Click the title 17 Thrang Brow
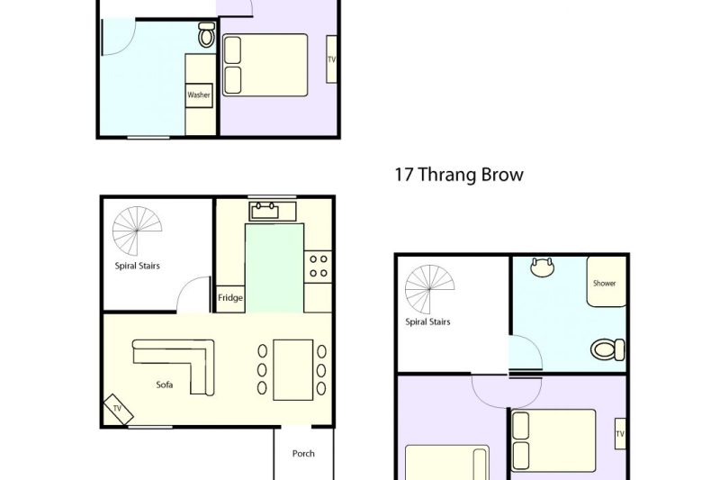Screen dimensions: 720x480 coord(459,175)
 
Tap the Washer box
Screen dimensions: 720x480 coord(199,95)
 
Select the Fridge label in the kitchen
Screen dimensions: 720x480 coord(230,298)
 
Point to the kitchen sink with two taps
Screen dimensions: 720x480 coord(265,211)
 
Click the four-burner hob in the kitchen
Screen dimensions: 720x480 coord(318,267)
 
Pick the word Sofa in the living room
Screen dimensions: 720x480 coord(165,385)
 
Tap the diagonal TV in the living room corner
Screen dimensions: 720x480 coord(118,409)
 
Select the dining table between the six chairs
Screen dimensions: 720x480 coord(293,370)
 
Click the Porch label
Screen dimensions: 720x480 coord(303,454)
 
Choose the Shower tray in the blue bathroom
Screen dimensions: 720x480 coord(606,282)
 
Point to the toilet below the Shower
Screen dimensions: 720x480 coord(607,349)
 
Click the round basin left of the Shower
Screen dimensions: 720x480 coord(543,267)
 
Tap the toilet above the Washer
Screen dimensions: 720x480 coord(207,35)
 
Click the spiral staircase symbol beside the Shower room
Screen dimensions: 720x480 coord(429,289)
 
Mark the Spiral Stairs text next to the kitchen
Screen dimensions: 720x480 coord(138,266)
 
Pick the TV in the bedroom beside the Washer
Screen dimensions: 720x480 coord(331,59)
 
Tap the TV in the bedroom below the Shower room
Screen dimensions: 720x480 coord(620,433)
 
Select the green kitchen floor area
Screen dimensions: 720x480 coord(274,268)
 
